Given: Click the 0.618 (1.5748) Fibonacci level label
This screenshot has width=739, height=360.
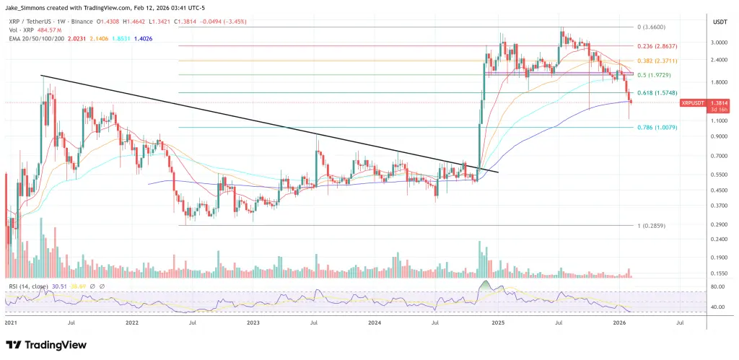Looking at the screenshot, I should (x=657, y=93).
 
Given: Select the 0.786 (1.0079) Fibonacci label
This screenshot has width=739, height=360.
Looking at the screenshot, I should (x=657, y=128).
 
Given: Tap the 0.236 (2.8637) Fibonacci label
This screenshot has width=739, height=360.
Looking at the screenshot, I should (x=657, y=45).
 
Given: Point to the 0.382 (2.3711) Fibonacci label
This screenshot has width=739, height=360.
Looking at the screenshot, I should (x=657, y=61).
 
